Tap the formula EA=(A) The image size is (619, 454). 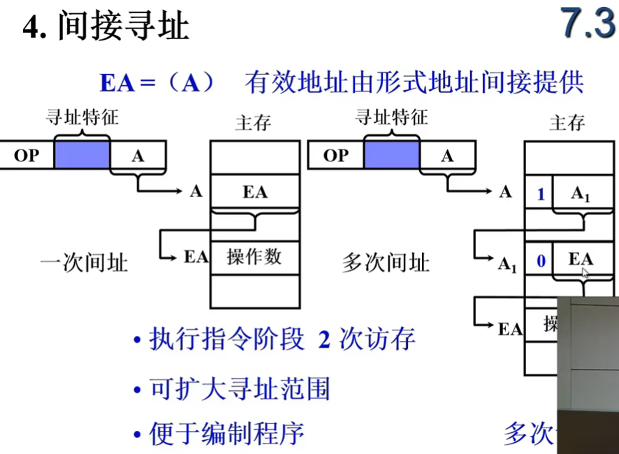pyautogui.click(x=159, y=82)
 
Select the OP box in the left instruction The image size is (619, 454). pyautogui.click(x=27, y=155)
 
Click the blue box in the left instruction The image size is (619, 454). pyautogui.click(x=82, y=155)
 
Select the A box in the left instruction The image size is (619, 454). pyautogui.click(x=138, y=155)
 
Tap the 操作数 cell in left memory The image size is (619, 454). pyautogui.click(x=254, y=256)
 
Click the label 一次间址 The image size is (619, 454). pyautogui.click(x=84, y=263)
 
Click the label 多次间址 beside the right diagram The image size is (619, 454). pyautogui.click(x=385, y=263)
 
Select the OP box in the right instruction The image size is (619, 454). pyautogui.click(x=335, y=155)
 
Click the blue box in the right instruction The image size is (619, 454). pyautogui.click(x=391, y=155)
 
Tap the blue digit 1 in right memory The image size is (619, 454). pyautogui.click(x=540, y=194)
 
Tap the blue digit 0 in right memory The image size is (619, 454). pyautogui.click(x=540, y=262)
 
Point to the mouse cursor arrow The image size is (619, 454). pyautogui.click(x=585, y=272)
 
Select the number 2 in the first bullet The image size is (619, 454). pyautogui.click(x=323, y=340)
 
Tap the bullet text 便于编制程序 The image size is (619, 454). pyautogui.click(x=227, y=433)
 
